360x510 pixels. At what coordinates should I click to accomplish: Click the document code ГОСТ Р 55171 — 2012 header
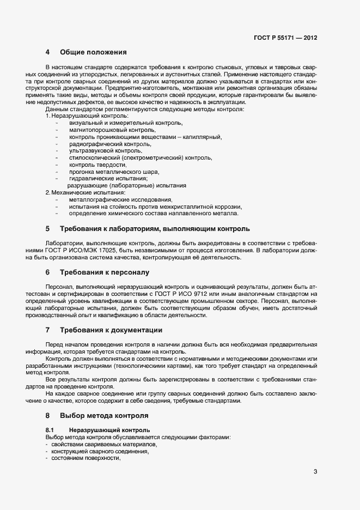[x=285, y=38]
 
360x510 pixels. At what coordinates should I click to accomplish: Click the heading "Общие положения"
[x=93, y=53]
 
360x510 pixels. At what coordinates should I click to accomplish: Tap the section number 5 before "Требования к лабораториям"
[x=47, y=228]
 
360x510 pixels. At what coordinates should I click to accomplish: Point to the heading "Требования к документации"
[x=111, y=330]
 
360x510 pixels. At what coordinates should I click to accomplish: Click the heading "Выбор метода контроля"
[x=104, y=415]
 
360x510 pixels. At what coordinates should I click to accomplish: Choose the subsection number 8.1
[x=49, y=430]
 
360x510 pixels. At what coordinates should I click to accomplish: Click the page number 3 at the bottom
[x=315, y=472]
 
